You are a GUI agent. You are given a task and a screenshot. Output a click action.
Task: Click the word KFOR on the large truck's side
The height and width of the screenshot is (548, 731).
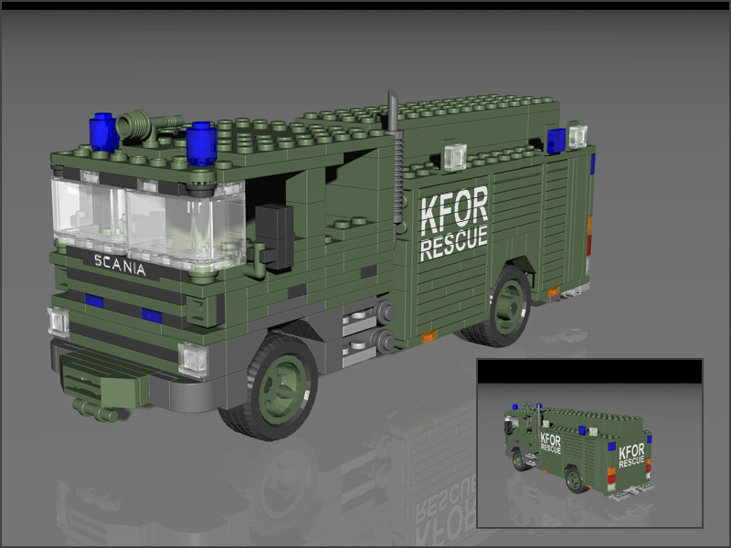(x=453, y=211)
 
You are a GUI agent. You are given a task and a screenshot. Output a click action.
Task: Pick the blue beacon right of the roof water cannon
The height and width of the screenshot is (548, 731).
(x=200, y=144)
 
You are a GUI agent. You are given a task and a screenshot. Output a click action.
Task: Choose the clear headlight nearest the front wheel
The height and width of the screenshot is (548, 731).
(x=194, y=359)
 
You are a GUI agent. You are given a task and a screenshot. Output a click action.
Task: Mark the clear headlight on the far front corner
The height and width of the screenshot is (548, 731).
(x=58, y=321)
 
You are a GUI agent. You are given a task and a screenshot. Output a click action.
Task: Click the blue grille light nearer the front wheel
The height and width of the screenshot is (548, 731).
(x=151, y=316)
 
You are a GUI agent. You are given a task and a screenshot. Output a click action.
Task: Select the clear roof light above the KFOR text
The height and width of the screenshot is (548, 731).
(x=454, y=155)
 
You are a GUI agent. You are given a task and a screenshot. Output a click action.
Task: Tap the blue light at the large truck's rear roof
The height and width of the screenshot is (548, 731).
(x=556, y=141)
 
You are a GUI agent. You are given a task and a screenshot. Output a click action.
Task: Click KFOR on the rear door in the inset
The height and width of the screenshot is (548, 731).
(x=631, y=451)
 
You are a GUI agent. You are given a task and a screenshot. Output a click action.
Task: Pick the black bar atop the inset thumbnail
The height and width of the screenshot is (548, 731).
(x=589, y=371)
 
